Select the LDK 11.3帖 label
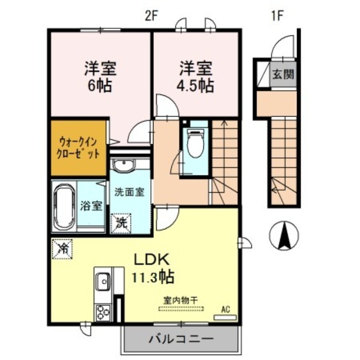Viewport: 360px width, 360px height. point(150,267)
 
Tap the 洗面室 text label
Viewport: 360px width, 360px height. point(129,192)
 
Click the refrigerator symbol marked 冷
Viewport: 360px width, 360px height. point(63,248)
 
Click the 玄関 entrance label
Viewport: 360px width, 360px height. point(283,73)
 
